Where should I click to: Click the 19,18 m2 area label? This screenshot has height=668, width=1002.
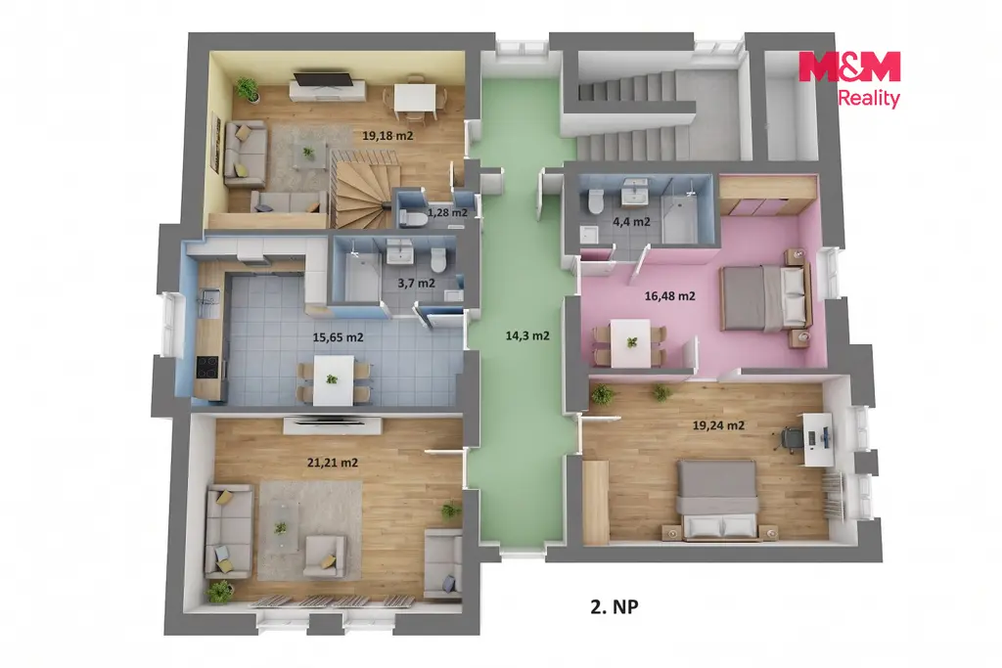click(x=387, y=135)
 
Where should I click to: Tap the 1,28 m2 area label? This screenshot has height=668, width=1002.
click(x=447, y=212)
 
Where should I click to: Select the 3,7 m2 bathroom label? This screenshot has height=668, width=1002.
click(x=416, y=283)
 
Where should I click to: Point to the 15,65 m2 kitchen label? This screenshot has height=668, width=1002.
click(x=338, y=337)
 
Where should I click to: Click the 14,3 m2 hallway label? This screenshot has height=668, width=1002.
click(x=527, y=335)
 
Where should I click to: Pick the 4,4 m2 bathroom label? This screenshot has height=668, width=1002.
click(x=631, y=222)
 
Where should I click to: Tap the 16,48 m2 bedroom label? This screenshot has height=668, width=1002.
click(x=669, y=295)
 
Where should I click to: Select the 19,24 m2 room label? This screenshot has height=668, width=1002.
click(x=718, y=425)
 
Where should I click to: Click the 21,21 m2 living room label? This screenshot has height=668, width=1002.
click(x=333, y=463)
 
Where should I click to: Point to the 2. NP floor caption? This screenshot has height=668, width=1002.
click(x=615, y=606)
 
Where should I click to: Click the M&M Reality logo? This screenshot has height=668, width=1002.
click(x=850, y=79)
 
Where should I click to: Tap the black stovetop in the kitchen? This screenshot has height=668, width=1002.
click(x=207, y=367)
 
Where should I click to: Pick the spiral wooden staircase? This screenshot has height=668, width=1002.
click(x=362, y=189)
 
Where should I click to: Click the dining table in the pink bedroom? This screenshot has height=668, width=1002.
click(x=631, y=343)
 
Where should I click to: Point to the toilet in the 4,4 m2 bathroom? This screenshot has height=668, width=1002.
click(x=596, y=201)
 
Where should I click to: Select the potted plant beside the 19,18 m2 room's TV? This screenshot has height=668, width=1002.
click(x=248, y=89)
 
